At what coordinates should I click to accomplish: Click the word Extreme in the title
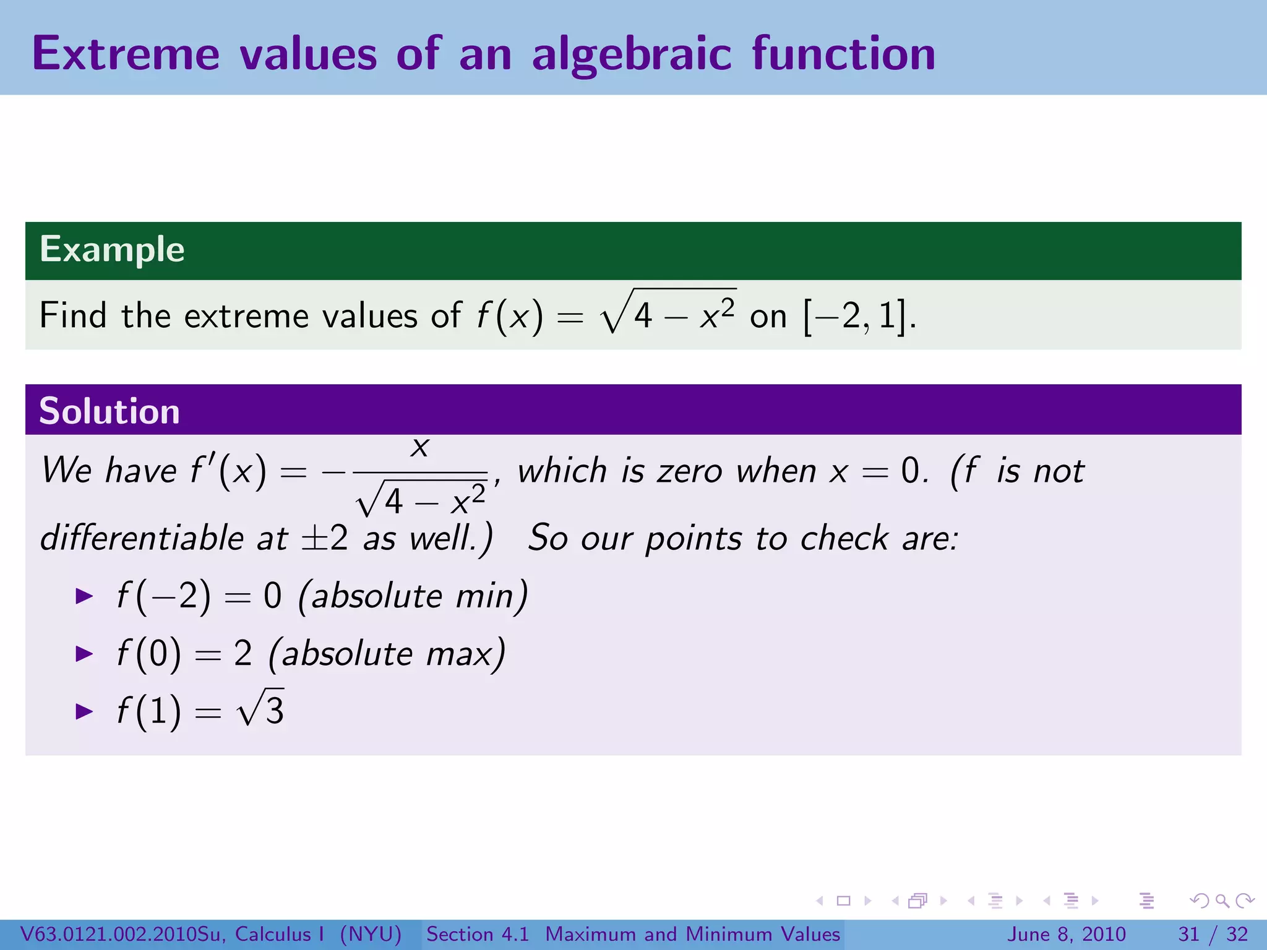coord(126,54)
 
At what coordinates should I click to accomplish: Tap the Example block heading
coord(112,249)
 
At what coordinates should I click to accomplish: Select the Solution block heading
coord(110,411)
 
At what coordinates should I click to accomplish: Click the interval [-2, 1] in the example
coord(854,316)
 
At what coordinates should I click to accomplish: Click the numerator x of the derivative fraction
coord(420,447)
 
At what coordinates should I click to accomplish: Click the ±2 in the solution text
coord(325,537)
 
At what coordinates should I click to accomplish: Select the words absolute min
coord(413,596)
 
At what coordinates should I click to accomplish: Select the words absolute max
coord(387,654)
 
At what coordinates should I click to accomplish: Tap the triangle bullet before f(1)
coord(84,711)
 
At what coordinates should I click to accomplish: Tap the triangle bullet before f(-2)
coord(84,596)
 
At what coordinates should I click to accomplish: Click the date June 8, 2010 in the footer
coord(1067,934)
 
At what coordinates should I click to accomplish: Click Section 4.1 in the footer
coord(478,934)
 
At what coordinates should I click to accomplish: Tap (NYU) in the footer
coord(371,934)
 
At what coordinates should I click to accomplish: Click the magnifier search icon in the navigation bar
coord(1222,901)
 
